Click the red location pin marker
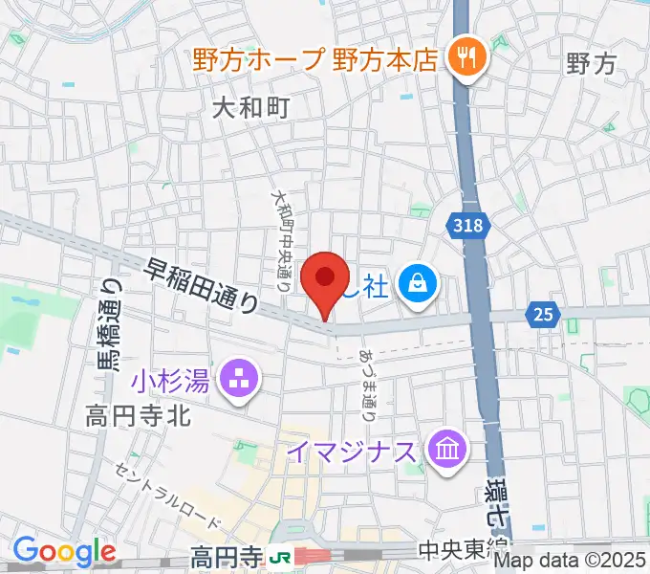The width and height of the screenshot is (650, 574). [x=325, y=280]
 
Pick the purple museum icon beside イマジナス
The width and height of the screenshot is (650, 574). [x=446, y=450]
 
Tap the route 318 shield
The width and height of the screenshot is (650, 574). [x=468, y=226]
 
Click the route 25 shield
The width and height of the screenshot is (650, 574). [x=544, y=314]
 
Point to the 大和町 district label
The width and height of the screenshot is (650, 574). [x=250, y=108]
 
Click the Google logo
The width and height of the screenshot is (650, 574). [x=64, y=552]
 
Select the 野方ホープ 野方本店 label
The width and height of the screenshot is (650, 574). [x=314, y=60]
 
